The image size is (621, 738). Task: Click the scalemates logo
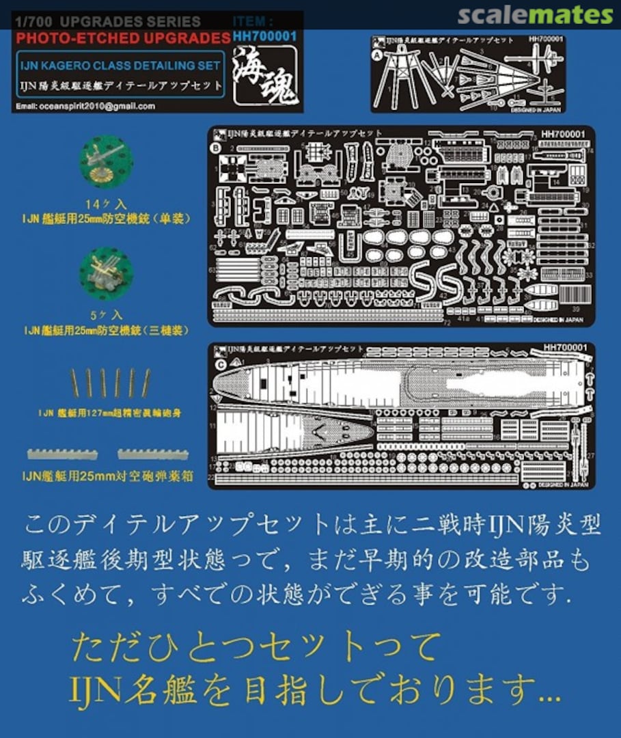point(535,14)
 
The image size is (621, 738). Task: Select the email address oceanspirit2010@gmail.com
point(83,106)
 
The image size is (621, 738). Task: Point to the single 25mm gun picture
point(106,161)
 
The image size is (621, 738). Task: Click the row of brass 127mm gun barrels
point(109,383)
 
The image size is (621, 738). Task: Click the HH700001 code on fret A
point(545,40)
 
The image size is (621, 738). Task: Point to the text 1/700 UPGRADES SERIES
point(107,22)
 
